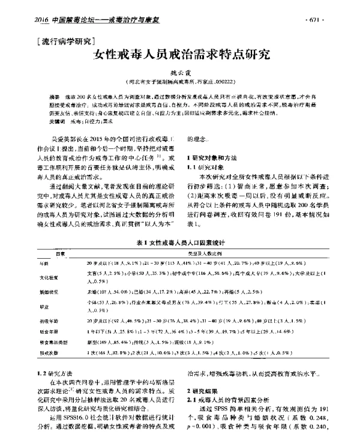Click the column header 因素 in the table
click(60, 254)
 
